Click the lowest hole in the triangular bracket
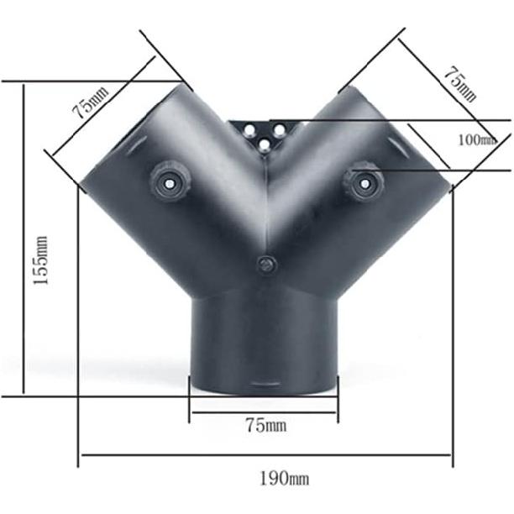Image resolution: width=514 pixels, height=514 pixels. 265,144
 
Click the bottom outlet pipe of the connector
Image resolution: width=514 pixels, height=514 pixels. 265,344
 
